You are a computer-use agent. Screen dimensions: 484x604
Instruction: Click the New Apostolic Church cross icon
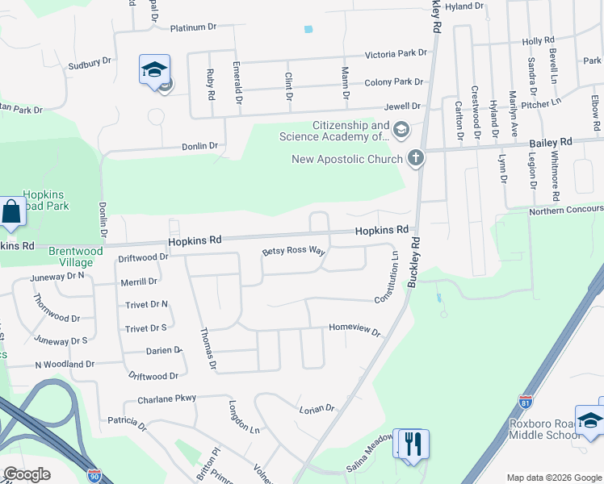point(416,158)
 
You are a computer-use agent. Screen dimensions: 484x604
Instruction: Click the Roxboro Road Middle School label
point(544,429)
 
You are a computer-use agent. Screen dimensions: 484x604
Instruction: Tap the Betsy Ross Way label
point(294,252)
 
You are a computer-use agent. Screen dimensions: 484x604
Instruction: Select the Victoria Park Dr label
point(395,53)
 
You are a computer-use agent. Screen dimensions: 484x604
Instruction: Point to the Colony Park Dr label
point(394,81)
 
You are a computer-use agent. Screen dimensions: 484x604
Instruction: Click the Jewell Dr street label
point(404,106)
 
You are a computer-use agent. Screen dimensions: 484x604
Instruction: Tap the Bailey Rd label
point(551,142)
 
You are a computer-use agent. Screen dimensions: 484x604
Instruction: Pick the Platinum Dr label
point(194,27)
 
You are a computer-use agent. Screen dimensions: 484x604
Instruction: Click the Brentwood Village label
point(76,257)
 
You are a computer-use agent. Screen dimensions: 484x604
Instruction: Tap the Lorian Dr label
point(317,409)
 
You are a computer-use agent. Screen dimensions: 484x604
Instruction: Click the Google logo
point(27,474)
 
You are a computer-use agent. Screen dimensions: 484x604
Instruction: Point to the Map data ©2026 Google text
point(554,478)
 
